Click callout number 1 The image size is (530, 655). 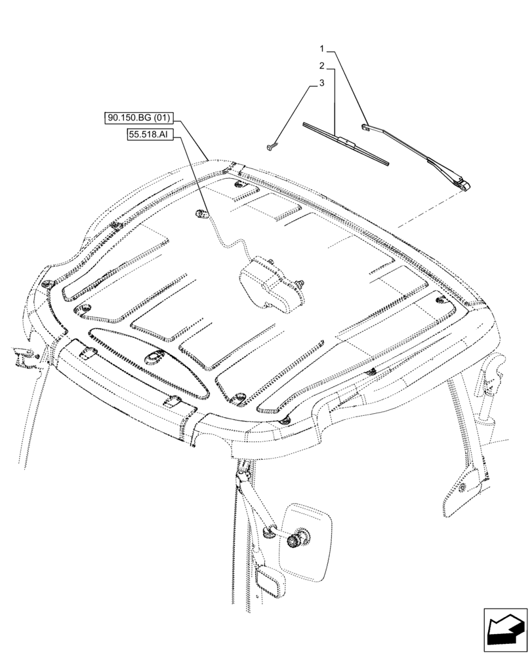pos(323,48)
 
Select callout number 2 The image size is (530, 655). pos(323,65)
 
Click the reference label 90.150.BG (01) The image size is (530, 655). pos(138,119)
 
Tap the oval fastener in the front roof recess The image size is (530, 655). pos(155,356)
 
